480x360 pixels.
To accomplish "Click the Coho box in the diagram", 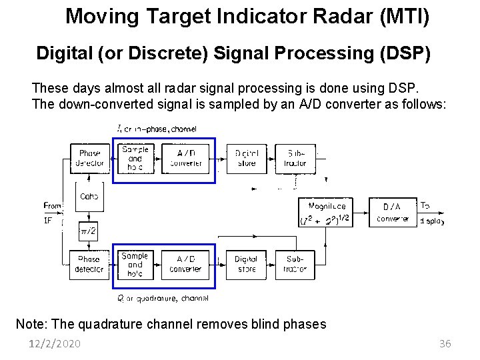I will (x=89, y=196).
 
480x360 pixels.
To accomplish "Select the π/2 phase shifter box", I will (x=89, y=231).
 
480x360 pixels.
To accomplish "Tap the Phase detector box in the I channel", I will (x=89, y=158).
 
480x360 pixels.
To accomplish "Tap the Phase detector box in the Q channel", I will (x=89, y=264).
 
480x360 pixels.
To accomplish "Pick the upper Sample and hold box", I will (x=135, y=159).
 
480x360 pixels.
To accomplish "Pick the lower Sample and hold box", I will (x=135, y=265).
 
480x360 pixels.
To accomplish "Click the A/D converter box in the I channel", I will (x=185, y=159).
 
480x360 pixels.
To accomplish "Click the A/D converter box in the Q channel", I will (x=185, y=265).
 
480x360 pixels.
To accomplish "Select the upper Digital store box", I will (x=246, y=159).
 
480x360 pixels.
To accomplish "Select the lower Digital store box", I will (x=246, y=265).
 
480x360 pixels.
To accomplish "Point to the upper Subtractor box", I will (x=295, y=159).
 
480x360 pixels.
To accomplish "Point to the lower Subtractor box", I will (x=295, y=265).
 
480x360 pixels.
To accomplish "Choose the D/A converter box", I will (x=393, y=213).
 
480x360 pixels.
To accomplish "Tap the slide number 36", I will (x=445, y=344).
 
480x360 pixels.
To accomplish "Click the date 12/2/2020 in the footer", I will (x=55, y=344).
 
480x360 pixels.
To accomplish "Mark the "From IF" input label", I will (x=51, y=213).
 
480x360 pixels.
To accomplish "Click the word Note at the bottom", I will (x=31, y=325).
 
